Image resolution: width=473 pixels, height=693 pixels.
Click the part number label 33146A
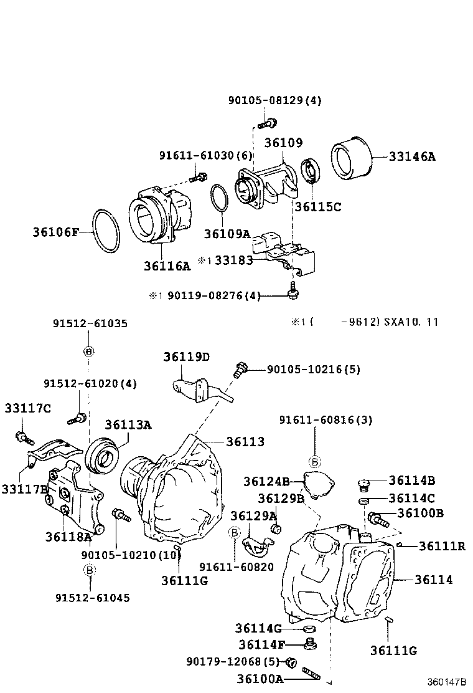[412, 156]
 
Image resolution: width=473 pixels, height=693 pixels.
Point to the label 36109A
[227, 234]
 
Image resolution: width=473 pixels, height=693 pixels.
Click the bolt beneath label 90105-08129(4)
[271, 123]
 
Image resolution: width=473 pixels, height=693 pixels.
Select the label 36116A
[167, 266]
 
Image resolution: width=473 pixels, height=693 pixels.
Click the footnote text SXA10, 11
[411, 322]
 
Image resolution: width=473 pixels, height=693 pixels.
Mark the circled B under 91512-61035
[88, 351]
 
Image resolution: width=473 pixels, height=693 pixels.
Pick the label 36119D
[187, 357]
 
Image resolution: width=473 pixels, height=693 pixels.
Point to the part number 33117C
[27, 408]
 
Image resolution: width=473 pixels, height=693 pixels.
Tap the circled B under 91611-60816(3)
[315, 462]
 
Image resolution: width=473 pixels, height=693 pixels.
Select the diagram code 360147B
[446, 682]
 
